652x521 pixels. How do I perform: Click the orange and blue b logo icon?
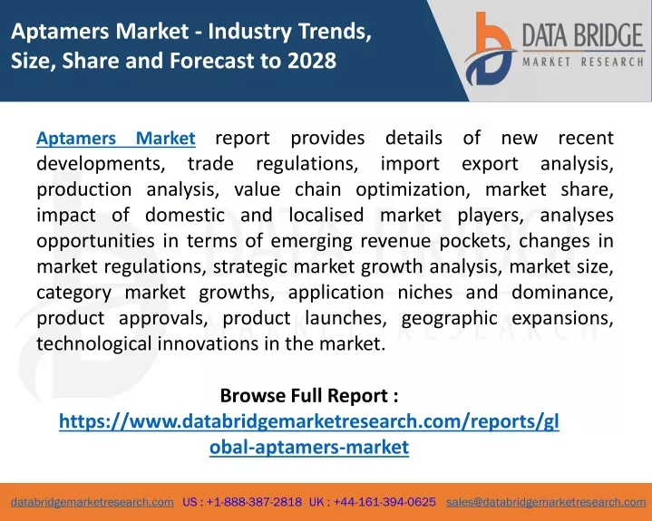tap(490, 49)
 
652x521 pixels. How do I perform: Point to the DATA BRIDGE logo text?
tap(583, 35)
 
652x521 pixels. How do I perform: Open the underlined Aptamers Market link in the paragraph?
tap(116, 139)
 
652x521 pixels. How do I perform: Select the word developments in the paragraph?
tap(101, 164)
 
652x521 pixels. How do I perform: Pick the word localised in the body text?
tap(326, 216)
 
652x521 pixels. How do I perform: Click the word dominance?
tap(562, 293)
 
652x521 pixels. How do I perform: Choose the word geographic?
tap(449, 319)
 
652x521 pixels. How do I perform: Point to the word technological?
tap(94, 344)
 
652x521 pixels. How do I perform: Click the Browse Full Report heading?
tap(309, 396)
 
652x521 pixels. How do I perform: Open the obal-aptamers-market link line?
tap(309, 447)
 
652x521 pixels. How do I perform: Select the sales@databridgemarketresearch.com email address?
tap(546, 502)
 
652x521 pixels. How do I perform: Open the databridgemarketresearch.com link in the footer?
tap(92, 502)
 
